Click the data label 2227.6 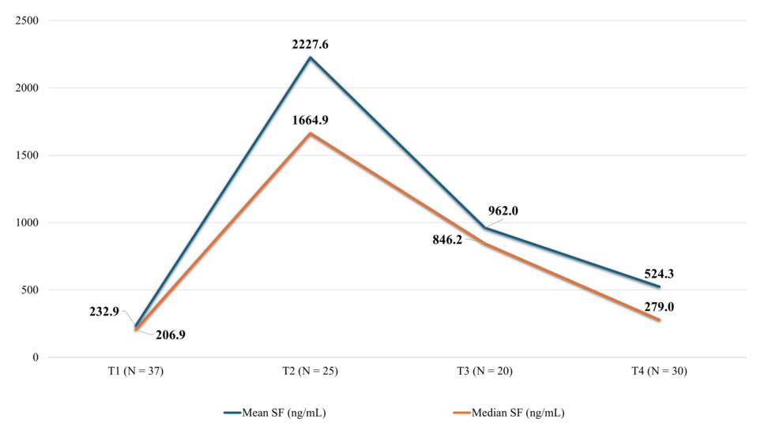tap(310, 45)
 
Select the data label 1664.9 tap(310, 121)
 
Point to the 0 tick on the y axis tap(35, 357)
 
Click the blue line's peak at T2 tap(310, 58)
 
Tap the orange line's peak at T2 tap(310, 133)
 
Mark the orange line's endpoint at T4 tap(660, 320)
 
